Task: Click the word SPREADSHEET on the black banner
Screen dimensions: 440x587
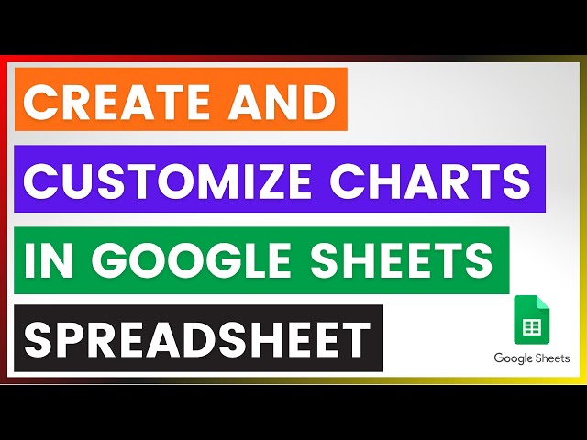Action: [197, 338]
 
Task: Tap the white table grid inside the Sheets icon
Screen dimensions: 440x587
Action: [530, 325]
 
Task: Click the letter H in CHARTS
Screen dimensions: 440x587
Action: [407, 180]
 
